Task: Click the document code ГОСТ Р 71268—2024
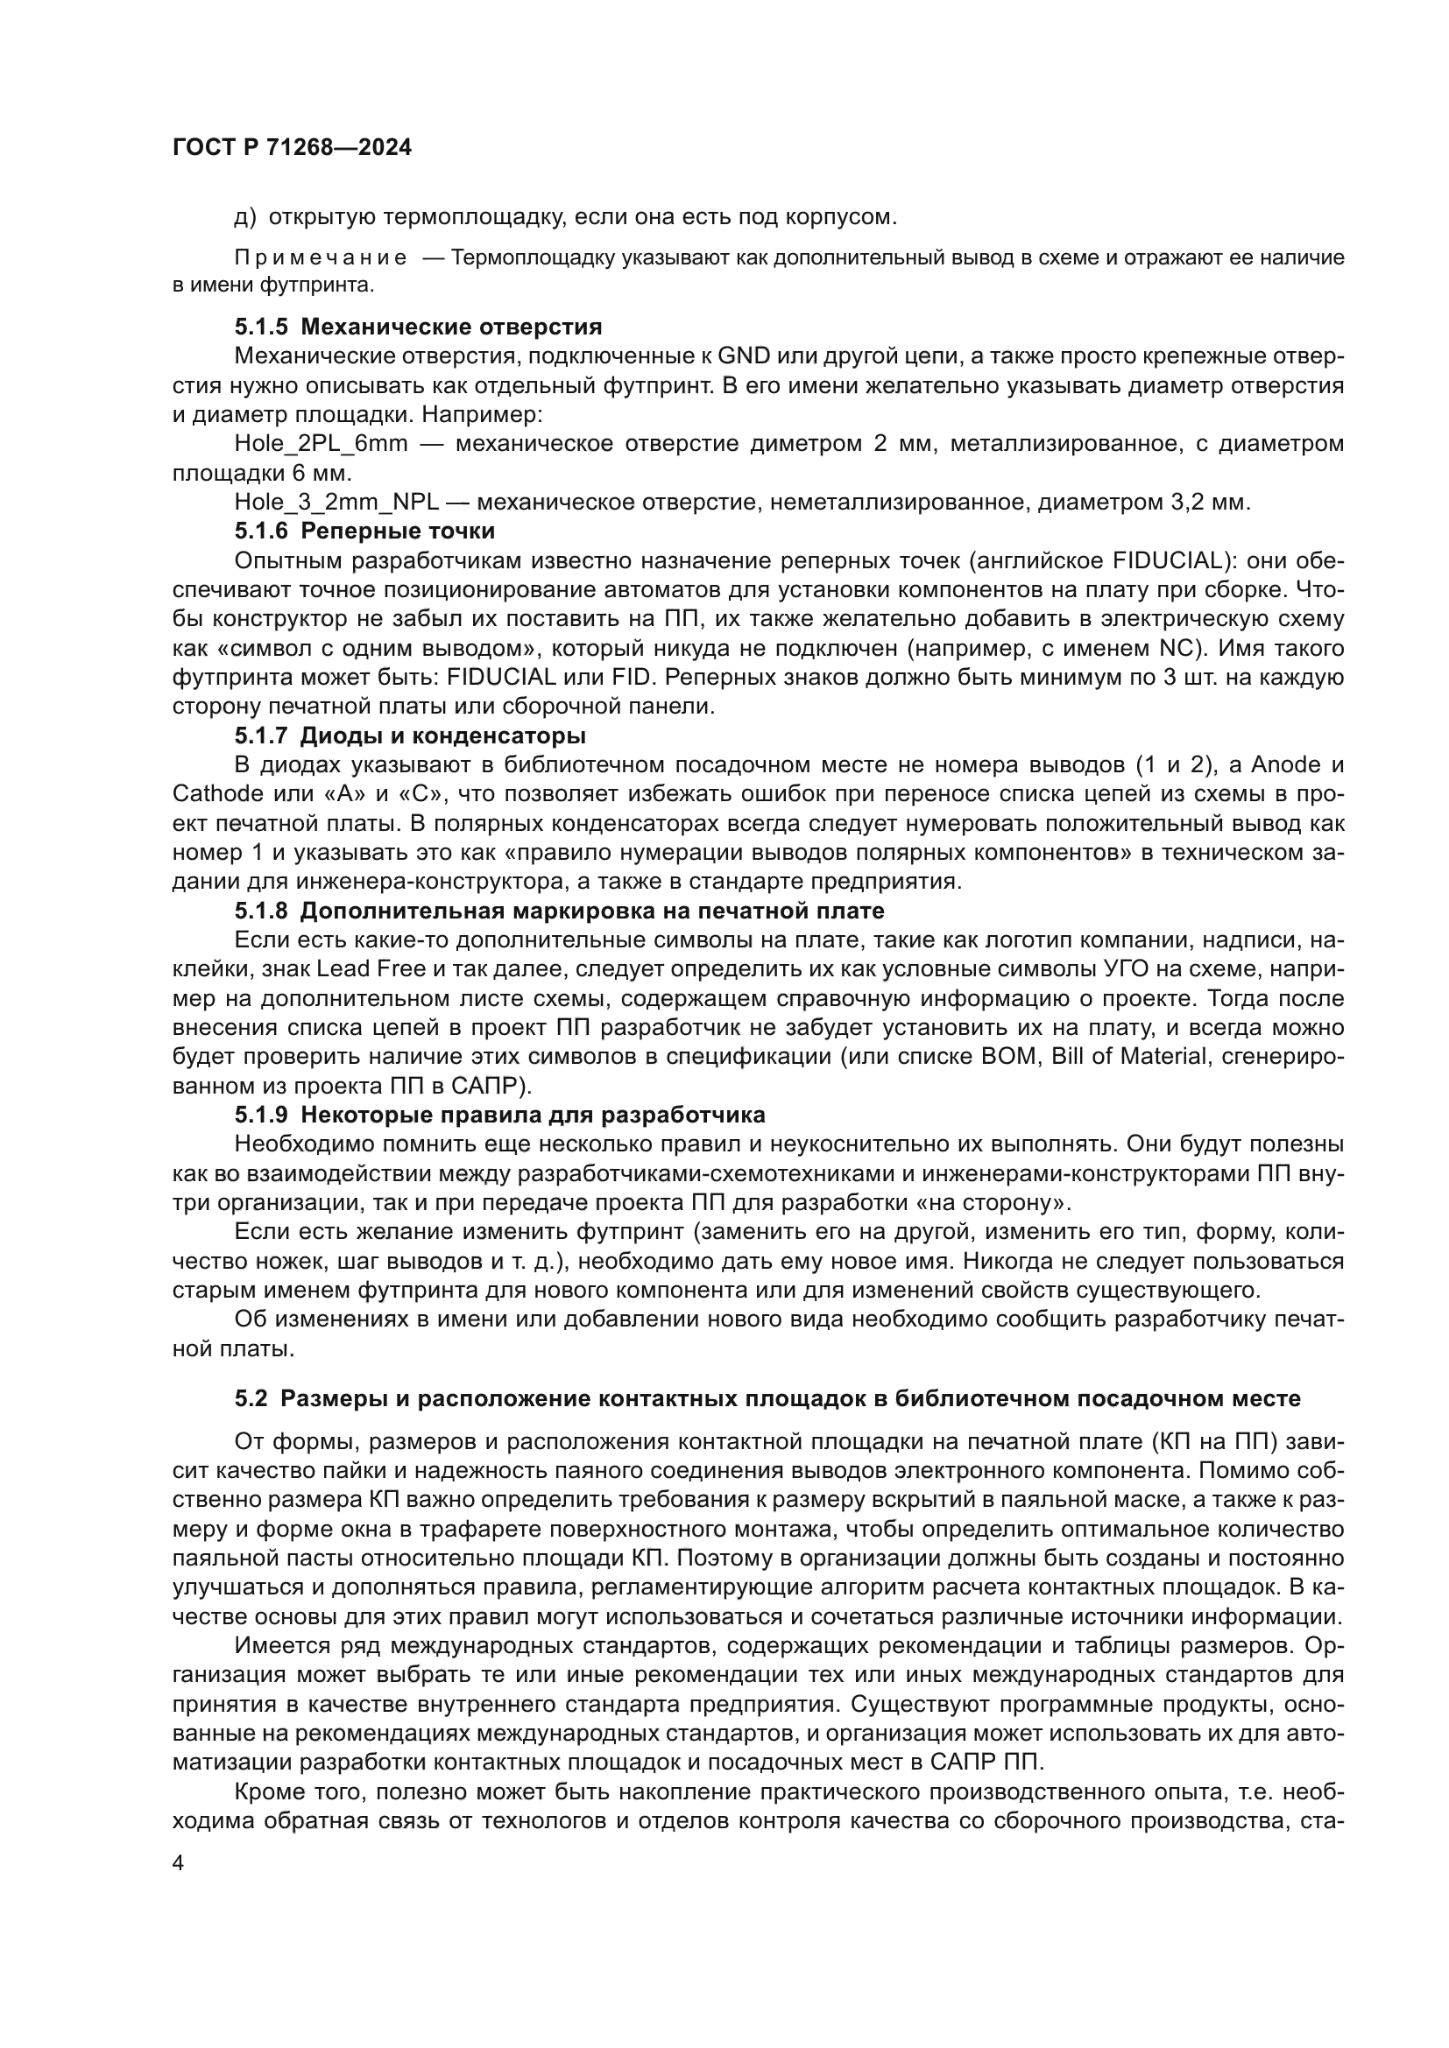(292, 148)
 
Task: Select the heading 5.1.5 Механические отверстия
(419, 327)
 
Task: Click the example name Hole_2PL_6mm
(322, 443)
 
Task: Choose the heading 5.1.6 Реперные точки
(365, 531)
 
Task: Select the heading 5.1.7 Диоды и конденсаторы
(410, 735)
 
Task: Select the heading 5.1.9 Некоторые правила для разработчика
(499, 1115)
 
